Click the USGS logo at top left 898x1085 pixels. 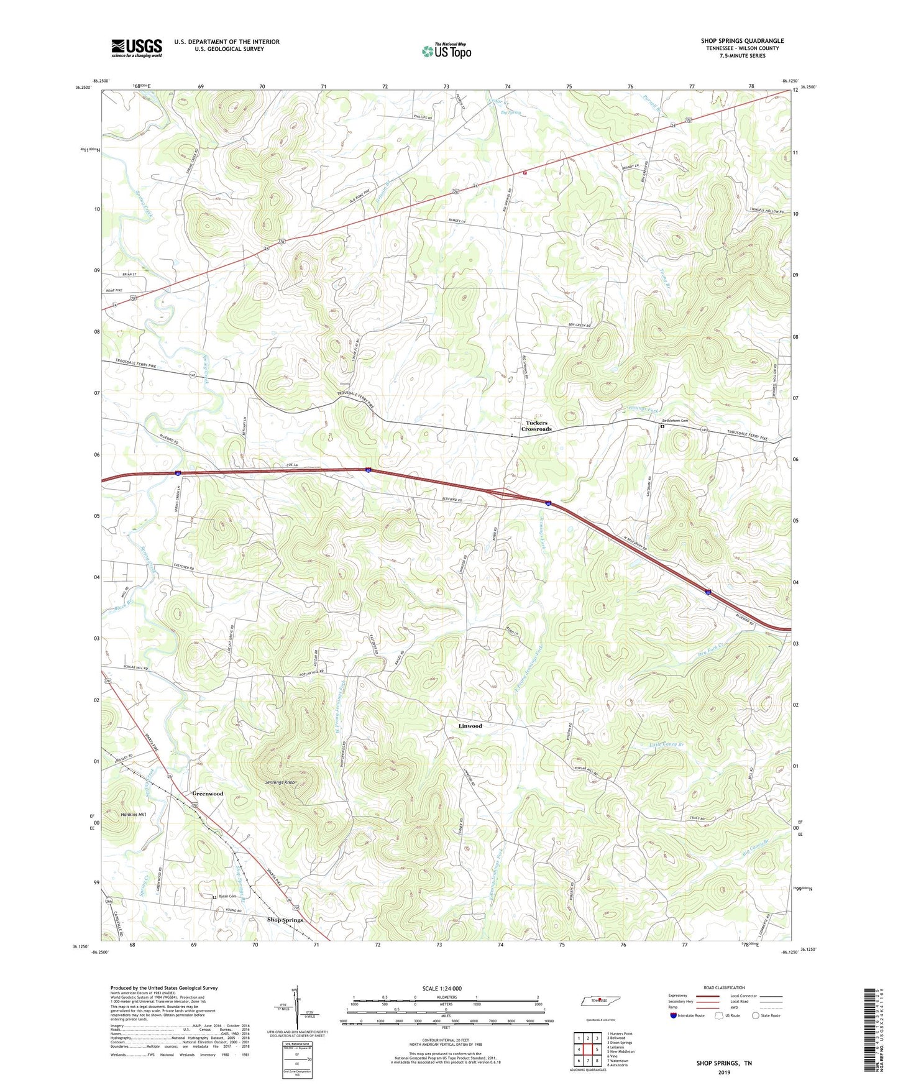(x=137, y=47)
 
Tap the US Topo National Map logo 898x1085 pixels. (x=446, y=51)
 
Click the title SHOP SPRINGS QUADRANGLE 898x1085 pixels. (x=742, y=41)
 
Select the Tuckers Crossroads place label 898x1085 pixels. (x=536, y=426)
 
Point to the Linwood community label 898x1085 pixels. (x=470, y=726)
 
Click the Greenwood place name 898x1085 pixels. (x=208, y=794)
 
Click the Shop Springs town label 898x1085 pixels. (x=285, y=920)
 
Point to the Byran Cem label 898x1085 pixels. (x=227, y=896)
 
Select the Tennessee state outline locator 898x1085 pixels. (x=601, y=1001)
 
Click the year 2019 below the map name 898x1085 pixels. (x=724, y=1072)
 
